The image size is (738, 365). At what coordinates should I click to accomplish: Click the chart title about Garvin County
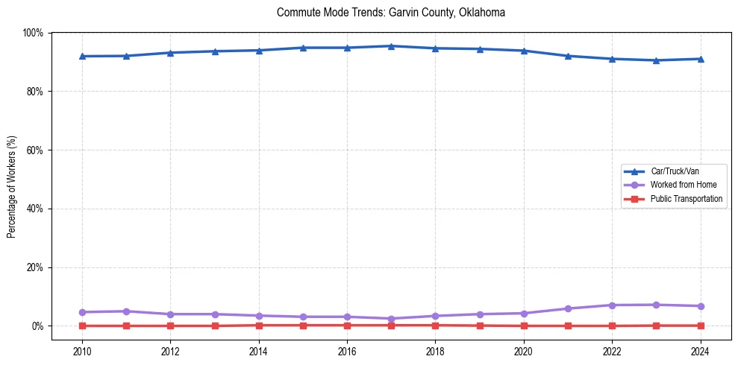point(391,13)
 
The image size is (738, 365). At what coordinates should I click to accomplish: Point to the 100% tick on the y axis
point(33,33)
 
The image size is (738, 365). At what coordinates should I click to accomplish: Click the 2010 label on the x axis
point(82,351)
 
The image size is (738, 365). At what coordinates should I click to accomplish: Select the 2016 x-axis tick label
point(347,351)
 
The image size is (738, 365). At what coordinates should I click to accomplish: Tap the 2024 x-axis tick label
point(701,351)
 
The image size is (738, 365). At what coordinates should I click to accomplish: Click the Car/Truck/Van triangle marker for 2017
point(391,46)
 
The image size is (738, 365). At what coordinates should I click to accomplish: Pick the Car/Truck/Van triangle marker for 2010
point(82,56)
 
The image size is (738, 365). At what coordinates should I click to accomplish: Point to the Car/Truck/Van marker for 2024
point(701,59)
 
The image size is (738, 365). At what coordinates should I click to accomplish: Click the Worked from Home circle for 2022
point(612,305)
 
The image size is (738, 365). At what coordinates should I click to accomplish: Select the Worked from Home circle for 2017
point(391,319)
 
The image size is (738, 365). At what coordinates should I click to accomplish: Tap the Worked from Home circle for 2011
point(126,311)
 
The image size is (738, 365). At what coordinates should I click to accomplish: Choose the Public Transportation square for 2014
point(259,326)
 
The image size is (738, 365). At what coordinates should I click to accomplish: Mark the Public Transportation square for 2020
point(524,326)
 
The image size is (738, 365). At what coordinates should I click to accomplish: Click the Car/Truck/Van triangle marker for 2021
point(568,56)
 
